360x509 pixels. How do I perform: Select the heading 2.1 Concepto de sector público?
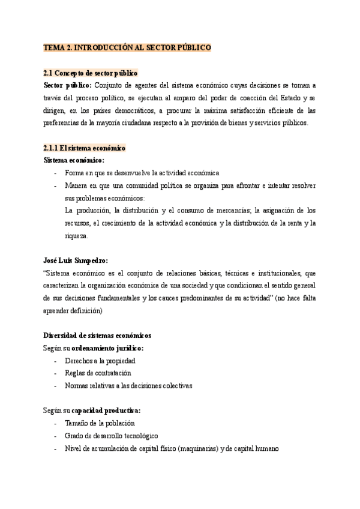pyautogui.click(x=91, y=73)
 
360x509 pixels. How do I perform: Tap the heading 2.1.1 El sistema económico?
pyautogui.click(x=84, y=148)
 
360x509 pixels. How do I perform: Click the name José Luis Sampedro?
pyautogui.click(x=76, y=261)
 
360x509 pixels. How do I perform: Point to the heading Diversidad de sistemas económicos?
pyautogui.click(x=97, y=335)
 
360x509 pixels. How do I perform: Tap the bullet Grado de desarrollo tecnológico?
pyautogui.click(x=112, y=436)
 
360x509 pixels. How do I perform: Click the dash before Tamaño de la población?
pyautogui.click(x=56, y=423)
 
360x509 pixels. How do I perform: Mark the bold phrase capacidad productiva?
pyautogui.click(x=106, y=411)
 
